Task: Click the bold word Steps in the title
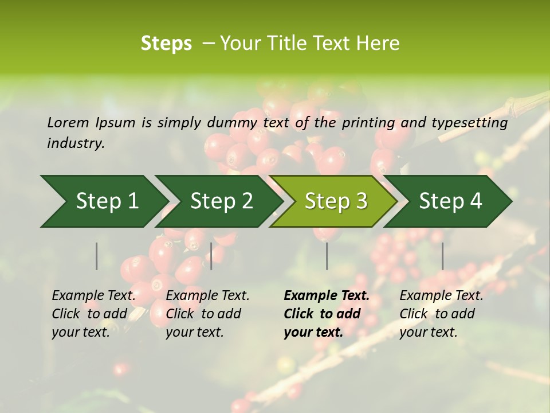166,44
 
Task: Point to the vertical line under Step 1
97,256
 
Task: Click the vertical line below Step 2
211,256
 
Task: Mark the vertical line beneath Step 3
327,256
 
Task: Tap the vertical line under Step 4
442,256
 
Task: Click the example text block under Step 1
93,314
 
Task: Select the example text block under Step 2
207,314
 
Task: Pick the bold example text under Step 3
327,314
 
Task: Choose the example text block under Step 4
441,314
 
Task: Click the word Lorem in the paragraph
68,123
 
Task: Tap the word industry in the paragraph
74,143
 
